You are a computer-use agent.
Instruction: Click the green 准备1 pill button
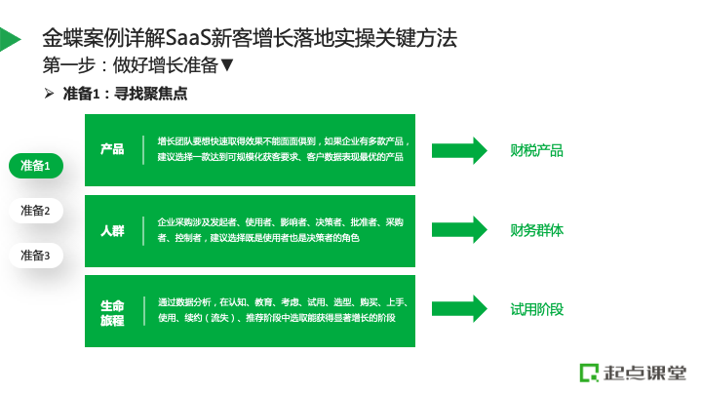point(36,166)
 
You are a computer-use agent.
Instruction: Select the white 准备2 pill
point(36,211)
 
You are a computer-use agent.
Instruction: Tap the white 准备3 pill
point(36,256)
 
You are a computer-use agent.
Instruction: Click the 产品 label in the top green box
point(112,149)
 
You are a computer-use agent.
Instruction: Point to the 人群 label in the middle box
point(112,230)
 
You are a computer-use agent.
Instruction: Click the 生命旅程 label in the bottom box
point(112,313)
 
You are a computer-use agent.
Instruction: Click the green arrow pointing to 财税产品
point(459,150)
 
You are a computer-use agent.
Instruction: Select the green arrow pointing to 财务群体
point(459,230)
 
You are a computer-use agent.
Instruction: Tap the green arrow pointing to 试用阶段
point(459,308)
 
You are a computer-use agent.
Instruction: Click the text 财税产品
point(536,150)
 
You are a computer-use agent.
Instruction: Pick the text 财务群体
point(536,230)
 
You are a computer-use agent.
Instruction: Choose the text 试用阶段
point(536,309)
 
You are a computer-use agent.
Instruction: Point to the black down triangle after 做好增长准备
point(227,65)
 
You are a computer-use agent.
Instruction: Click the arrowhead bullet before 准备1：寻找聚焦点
point(50,94)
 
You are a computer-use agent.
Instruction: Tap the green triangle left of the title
point(10,39)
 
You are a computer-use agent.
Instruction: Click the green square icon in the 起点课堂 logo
point(589,373)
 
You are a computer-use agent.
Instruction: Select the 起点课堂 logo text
point(644,373)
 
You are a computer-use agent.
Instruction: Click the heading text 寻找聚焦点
point(150,94)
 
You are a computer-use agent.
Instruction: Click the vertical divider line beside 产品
point(143,150)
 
